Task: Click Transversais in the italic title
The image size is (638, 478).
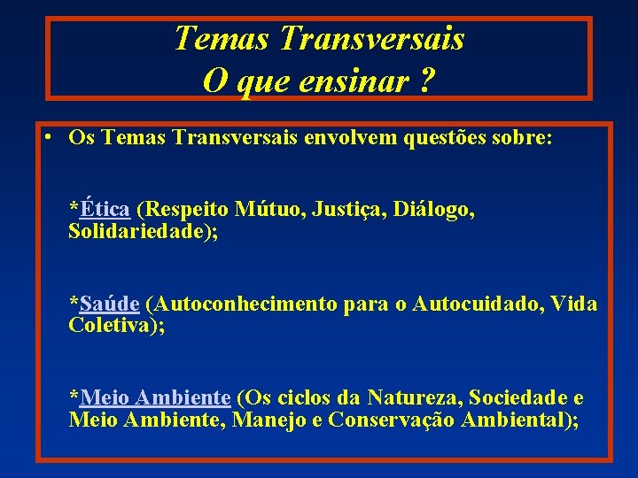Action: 370,38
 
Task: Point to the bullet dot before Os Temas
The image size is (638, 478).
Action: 43,138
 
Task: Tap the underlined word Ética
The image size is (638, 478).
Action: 105,210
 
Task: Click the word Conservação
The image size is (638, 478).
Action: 392,419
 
